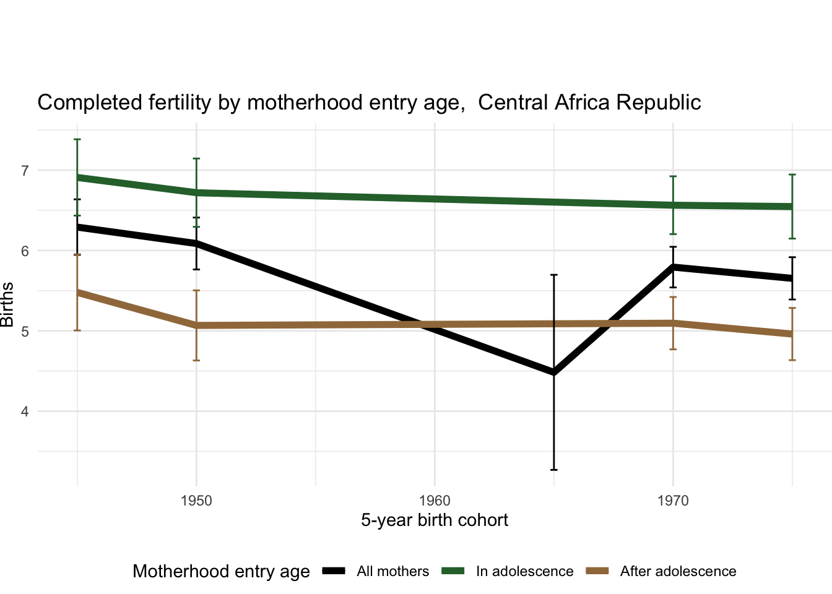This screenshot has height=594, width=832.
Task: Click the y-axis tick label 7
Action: point(25,170)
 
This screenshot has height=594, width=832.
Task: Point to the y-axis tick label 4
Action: point(25,411)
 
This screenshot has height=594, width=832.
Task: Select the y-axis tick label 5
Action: point(25,331)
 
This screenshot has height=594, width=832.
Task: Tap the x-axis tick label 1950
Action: point(196,501)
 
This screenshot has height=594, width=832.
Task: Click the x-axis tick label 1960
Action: point(435,501)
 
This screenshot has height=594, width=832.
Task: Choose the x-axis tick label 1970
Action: point(673,501)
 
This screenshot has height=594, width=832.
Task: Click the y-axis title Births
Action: point(7,304)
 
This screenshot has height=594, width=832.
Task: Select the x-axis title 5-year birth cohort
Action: point(435,520)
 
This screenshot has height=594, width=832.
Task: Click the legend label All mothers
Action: point(392,572)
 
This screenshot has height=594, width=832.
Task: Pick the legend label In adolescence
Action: point(524,572)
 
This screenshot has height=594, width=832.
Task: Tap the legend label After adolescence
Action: point(678,572)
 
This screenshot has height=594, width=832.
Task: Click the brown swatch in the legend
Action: point(597,571)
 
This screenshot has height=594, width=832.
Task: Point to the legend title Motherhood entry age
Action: point(221,571)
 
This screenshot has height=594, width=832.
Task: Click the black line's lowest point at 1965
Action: point(554,372)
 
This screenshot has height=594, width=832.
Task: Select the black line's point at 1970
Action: point(673,267)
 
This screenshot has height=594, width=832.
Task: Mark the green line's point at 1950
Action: point(196,193)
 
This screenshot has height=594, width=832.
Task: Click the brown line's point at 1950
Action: point(196,325)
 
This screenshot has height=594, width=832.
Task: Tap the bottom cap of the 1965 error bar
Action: point(554,470)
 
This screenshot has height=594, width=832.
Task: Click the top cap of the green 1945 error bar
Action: point(77,140)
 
